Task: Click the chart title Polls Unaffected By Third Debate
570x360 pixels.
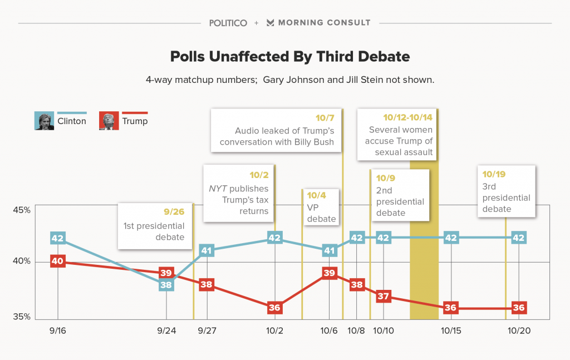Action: point(290,56)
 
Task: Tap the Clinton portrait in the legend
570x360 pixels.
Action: point(44,121)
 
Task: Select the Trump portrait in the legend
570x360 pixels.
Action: point(109,121)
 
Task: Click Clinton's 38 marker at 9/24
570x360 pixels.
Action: point(166,285)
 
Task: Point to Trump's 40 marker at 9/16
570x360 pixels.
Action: point(57,262)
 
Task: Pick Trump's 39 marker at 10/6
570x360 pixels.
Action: point(329,273)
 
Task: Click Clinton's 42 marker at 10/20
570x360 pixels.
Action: point(519,238)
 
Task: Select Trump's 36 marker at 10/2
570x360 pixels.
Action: point(274,307)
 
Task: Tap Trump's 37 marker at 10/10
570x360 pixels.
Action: point(383,296)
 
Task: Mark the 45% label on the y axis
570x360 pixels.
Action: point(22,210)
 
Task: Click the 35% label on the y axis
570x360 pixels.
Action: point(22,318)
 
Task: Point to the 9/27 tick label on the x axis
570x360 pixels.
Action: point(207,331)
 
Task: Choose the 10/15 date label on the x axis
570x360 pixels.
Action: point(451,331)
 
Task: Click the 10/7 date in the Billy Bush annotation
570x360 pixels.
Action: point(325,118)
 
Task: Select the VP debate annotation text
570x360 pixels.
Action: point(322,213)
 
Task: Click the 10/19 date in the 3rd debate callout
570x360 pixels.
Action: point(495,174)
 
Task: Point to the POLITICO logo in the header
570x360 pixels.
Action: point(228,23)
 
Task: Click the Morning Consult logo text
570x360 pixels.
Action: point(324,23)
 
